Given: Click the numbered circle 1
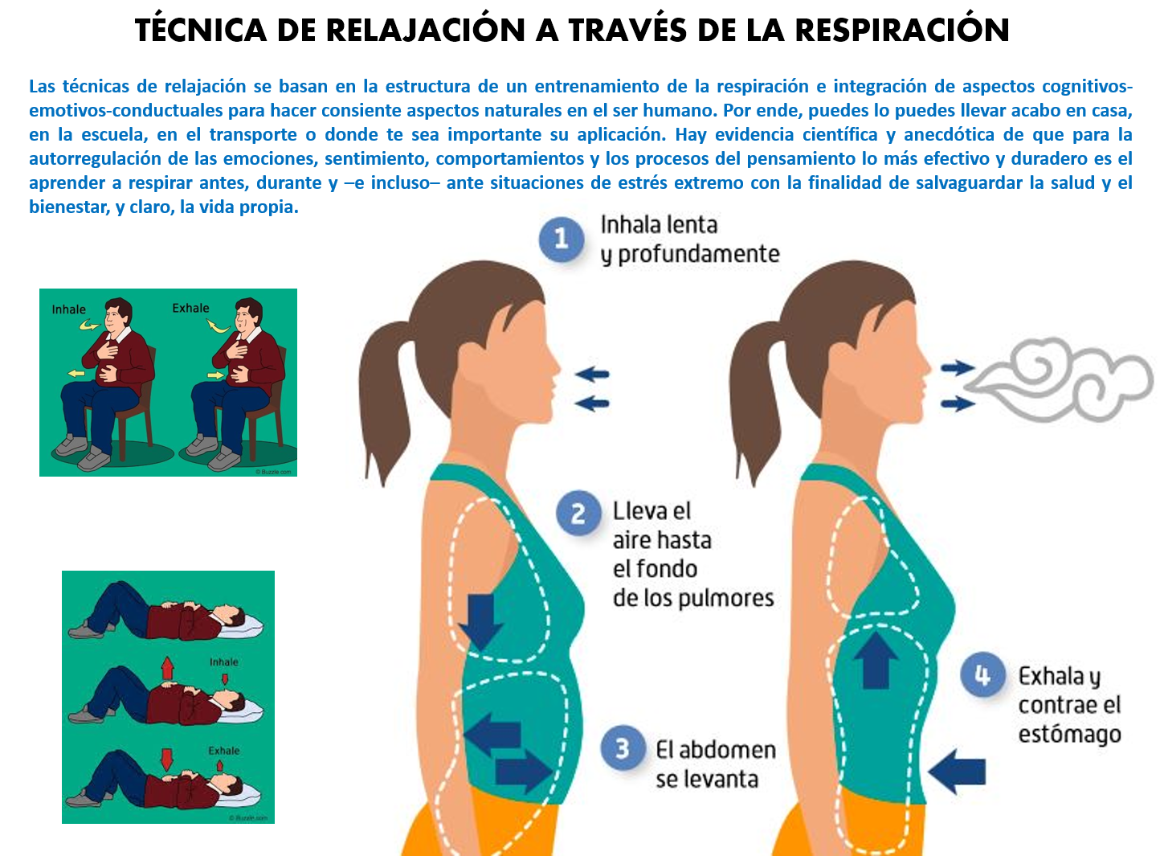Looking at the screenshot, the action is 561,239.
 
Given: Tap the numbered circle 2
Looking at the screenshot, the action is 578,513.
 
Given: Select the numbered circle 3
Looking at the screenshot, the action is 623,748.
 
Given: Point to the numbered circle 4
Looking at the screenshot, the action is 982,675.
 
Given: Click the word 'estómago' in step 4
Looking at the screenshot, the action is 1069,735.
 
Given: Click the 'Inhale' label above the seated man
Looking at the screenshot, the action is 68,309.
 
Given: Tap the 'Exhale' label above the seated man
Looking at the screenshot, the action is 190,308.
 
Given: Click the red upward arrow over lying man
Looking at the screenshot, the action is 167,667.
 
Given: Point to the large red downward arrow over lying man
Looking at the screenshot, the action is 167,758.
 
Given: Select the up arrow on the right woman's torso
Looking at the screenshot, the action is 875,659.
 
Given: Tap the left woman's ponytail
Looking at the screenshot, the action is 383,386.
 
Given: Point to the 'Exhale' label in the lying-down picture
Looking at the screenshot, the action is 224,751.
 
